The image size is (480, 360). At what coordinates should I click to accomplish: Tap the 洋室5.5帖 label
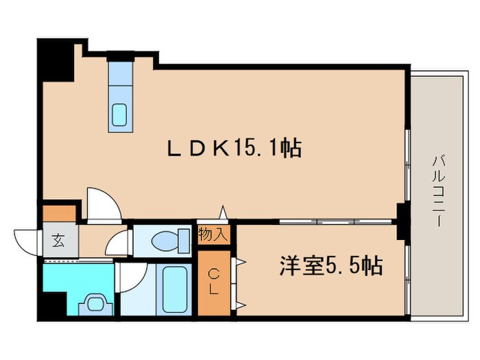pos(331,265)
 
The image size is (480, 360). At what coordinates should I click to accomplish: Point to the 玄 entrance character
pos(58,240)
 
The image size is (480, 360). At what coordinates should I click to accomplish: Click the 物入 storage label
pos(213,235)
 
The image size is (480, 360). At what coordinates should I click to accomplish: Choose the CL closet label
pos(214,282)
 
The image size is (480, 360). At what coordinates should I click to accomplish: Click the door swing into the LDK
pos(103,204)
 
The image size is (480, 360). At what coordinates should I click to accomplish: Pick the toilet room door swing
pos(119,243)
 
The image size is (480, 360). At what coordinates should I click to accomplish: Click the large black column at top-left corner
pos(56,59)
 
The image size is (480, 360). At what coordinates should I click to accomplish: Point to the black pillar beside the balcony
pos(404,219)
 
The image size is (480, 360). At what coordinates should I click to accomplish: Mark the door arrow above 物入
pos(222,213)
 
